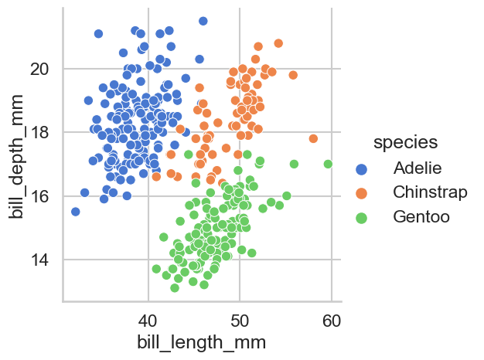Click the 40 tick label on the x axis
(x=148, y=320)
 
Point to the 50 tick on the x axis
(x=240, y=320)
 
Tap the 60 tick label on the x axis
(x=332, y=320)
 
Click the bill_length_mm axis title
(x=201, y=342)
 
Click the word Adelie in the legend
(x=417, y=168)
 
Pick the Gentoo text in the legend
(x=421, y=216)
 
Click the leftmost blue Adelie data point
(x=75, y=212)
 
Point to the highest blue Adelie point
(x=203, y=21)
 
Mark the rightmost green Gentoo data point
(x=328, y=164)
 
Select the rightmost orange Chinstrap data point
(x=313, y=139)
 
